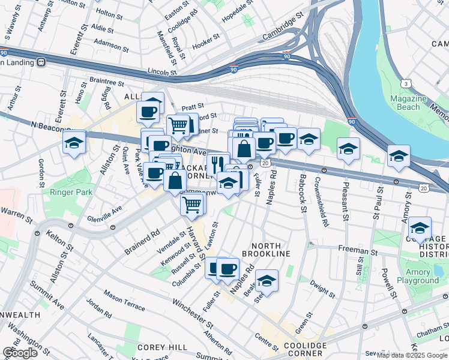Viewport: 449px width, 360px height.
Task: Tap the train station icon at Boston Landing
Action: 41,61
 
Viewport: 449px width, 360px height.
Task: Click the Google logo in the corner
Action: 20,352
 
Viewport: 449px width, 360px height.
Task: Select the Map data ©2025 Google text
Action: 412,355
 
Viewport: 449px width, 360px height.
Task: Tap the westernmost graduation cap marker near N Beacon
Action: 73,143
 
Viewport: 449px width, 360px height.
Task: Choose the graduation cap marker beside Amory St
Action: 420,229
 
